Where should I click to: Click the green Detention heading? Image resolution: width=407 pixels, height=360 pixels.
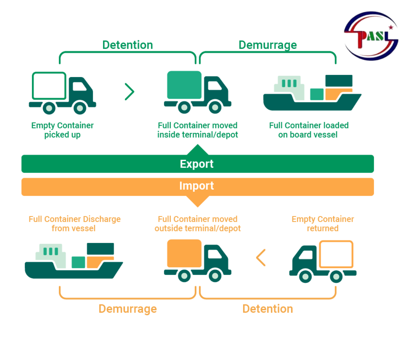tap(127, 45)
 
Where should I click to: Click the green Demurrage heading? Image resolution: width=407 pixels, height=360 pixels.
tap(268, 45)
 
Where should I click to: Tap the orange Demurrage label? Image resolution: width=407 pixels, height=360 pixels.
tap(127, 309)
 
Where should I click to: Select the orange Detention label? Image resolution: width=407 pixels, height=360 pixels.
tap(268, 309)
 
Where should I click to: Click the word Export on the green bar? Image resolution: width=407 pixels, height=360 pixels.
tap(196, 164)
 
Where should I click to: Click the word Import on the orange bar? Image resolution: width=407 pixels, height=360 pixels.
tap(196, 186)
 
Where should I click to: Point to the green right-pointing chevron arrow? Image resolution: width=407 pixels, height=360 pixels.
tap(129, 92)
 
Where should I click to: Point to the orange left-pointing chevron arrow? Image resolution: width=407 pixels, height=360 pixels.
tap(261, 258)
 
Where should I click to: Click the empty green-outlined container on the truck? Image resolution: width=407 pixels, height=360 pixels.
tap(49, 85)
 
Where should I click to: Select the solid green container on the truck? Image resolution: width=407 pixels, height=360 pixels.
tap(184, 85)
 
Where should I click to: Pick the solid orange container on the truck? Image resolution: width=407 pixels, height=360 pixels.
tap(184, 253)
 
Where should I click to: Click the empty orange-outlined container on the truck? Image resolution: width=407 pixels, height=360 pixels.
tap(336, 254)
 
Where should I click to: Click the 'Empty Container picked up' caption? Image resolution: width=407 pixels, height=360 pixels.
tap(62, 130)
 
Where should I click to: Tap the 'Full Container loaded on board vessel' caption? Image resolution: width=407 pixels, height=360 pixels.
tap(309, 130)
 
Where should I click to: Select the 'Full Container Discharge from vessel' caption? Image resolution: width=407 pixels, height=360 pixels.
tap(74, 224)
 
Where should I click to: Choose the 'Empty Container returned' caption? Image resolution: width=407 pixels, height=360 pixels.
tap(323, 224)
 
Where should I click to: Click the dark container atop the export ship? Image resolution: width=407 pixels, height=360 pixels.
tap(339, 81)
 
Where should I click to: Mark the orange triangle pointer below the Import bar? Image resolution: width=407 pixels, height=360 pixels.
tap(197, 201)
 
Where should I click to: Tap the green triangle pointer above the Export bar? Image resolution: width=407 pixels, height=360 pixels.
tap(197, 150)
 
